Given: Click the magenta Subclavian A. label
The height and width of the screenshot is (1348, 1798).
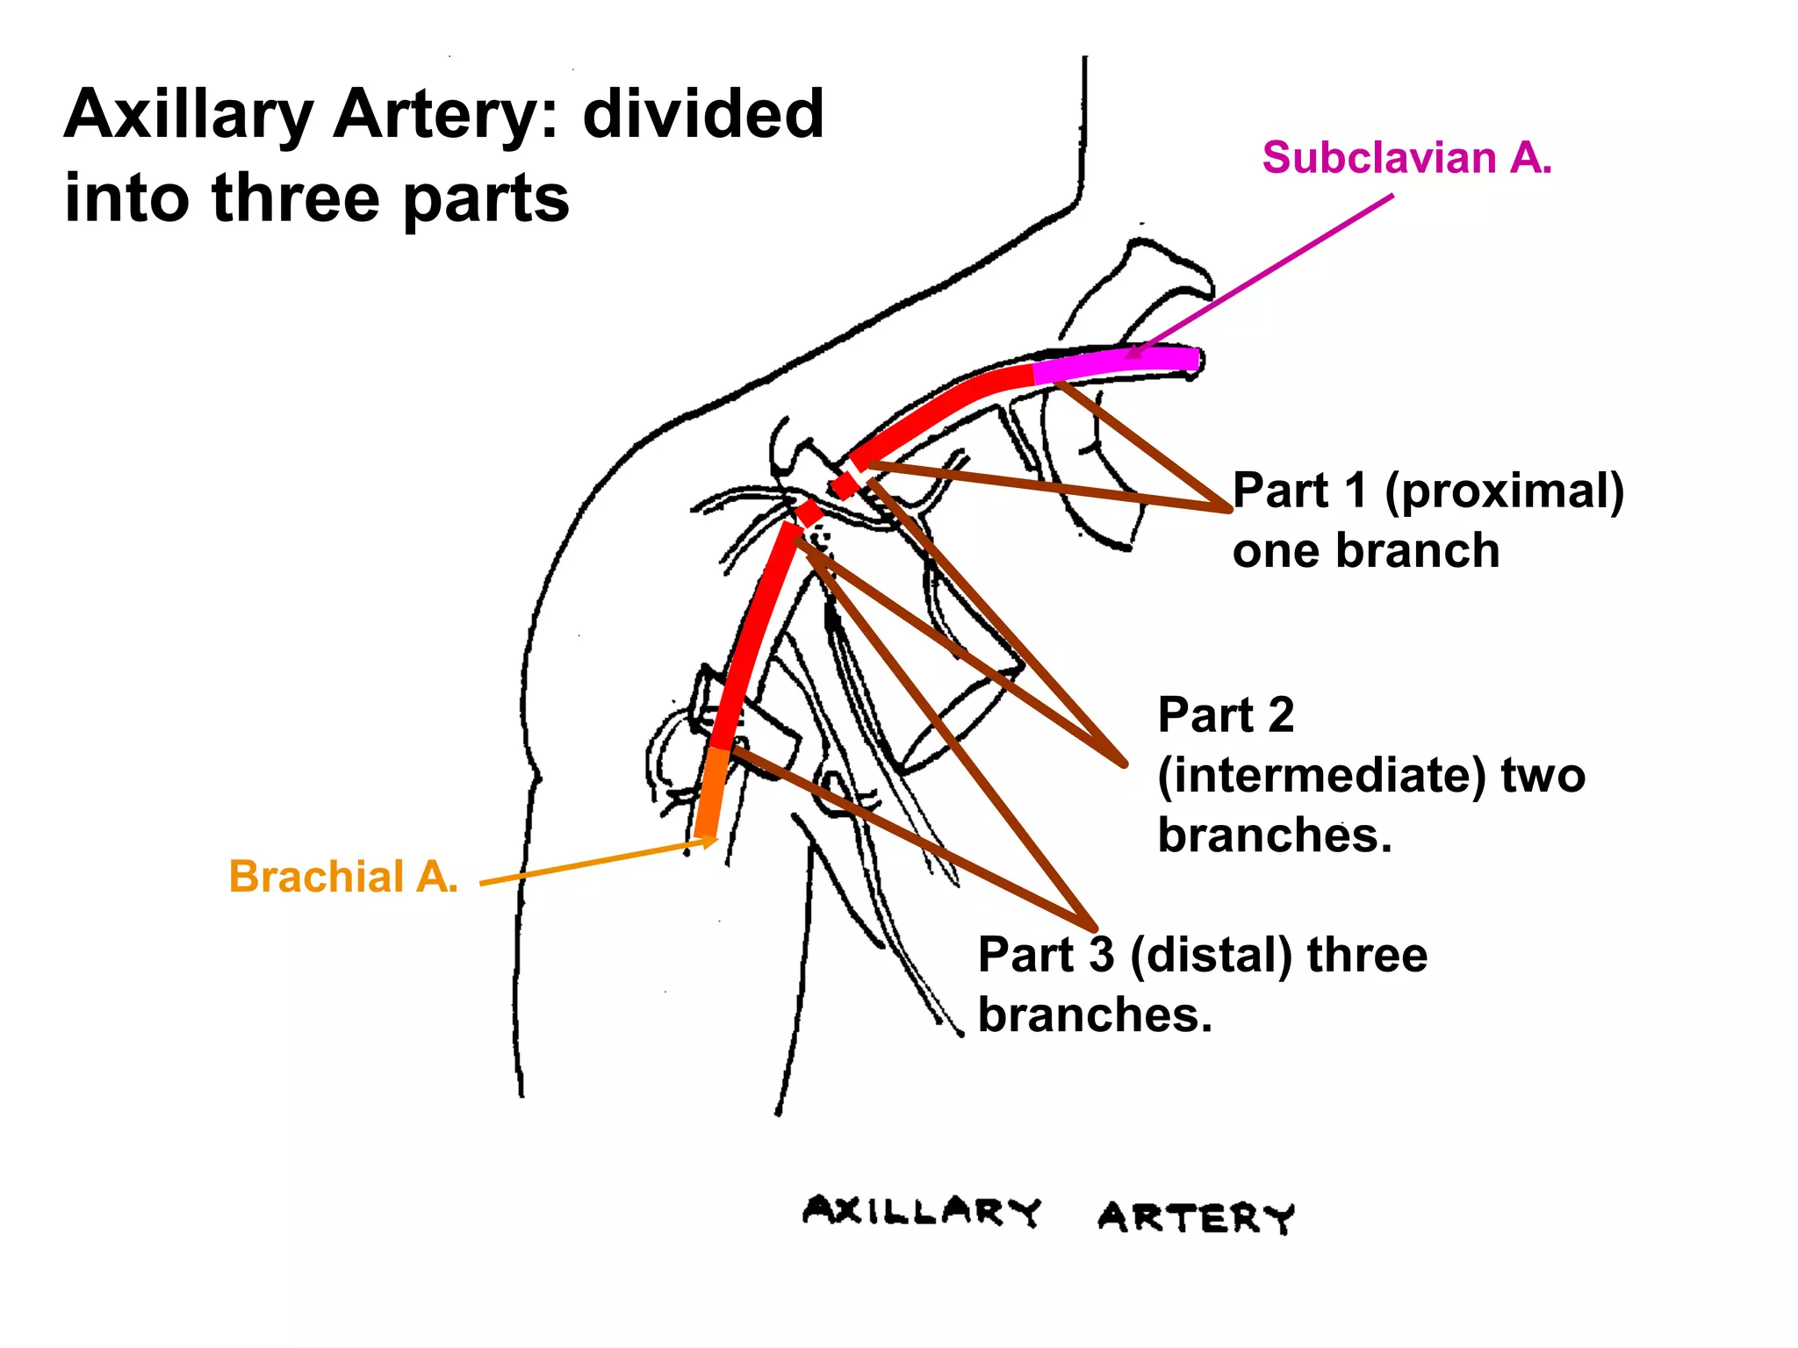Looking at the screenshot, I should pyautogui.click(x=1406, y=159).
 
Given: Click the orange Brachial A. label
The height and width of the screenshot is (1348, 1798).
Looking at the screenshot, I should pyautogui.click(x=343, y=877).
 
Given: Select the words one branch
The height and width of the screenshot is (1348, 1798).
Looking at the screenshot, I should pyautogui.click(x=1365, y=551).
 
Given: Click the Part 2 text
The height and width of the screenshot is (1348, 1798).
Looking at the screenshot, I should pyautogui.click(x=1226, y=714).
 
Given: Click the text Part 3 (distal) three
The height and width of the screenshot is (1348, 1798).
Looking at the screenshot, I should pyautogui.click(x=1202, y=955).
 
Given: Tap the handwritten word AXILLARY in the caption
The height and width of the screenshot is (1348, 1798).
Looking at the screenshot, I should pyautogui.click(x=921, y=1212).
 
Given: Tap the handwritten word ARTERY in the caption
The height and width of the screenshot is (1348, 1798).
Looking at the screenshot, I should pyautogui.click(x=1196, y=1218).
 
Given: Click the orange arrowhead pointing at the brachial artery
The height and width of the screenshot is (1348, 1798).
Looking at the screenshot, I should pyautogui.click(x=708, y=842).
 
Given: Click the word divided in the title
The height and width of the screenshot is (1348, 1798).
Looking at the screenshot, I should pyautogui.click(x=703, y=115).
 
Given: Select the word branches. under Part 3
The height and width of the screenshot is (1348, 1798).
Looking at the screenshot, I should pyautogui.click(x=1095, y=1015).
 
